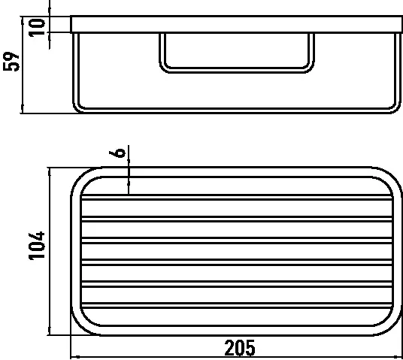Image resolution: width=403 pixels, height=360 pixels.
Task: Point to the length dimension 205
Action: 239,348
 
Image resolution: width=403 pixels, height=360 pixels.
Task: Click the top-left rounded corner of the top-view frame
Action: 80,177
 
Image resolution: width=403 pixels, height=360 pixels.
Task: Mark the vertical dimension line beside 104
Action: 50,251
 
